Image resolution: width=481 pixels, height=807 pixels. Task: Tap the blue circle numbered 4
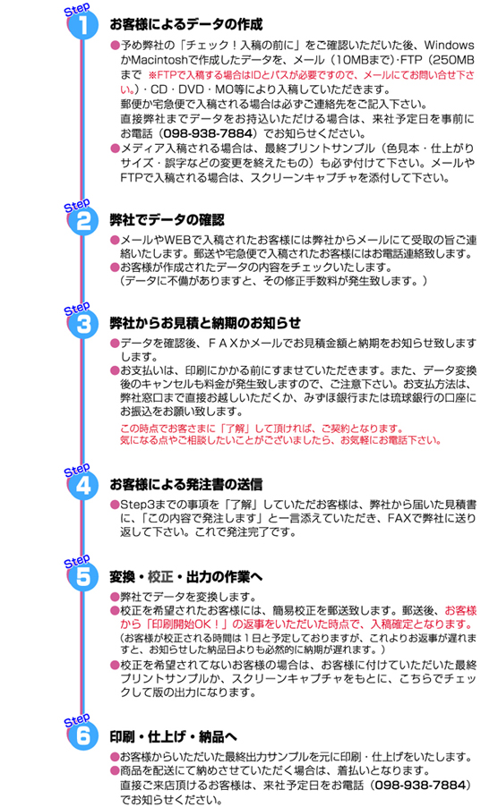(x=82, y=485)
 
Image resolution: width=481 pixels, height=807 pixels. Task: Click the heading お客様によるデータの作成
(x=186, y=24)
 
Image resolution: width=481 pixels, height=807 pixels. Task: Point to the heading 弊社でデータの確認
(x=167, y=220)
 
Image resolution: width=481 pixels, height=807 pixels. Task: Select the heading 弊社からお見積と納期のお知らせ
(x=205, y=323)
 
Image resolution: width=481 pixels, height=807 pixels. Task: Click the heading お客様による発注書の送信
(x=186, y=484)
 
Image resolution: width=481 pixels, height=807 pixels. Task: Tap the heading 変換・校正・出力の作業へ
(x=186, y=576)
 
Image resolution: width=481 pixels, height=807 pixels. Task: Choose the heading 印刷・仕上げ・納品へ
(x=173, y=736)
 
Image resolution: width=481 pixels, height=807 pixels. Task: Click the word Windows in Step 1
(x=449, y=46)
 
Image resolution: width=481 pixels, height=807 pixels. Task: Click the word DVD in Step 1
(x=192, y=89)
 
